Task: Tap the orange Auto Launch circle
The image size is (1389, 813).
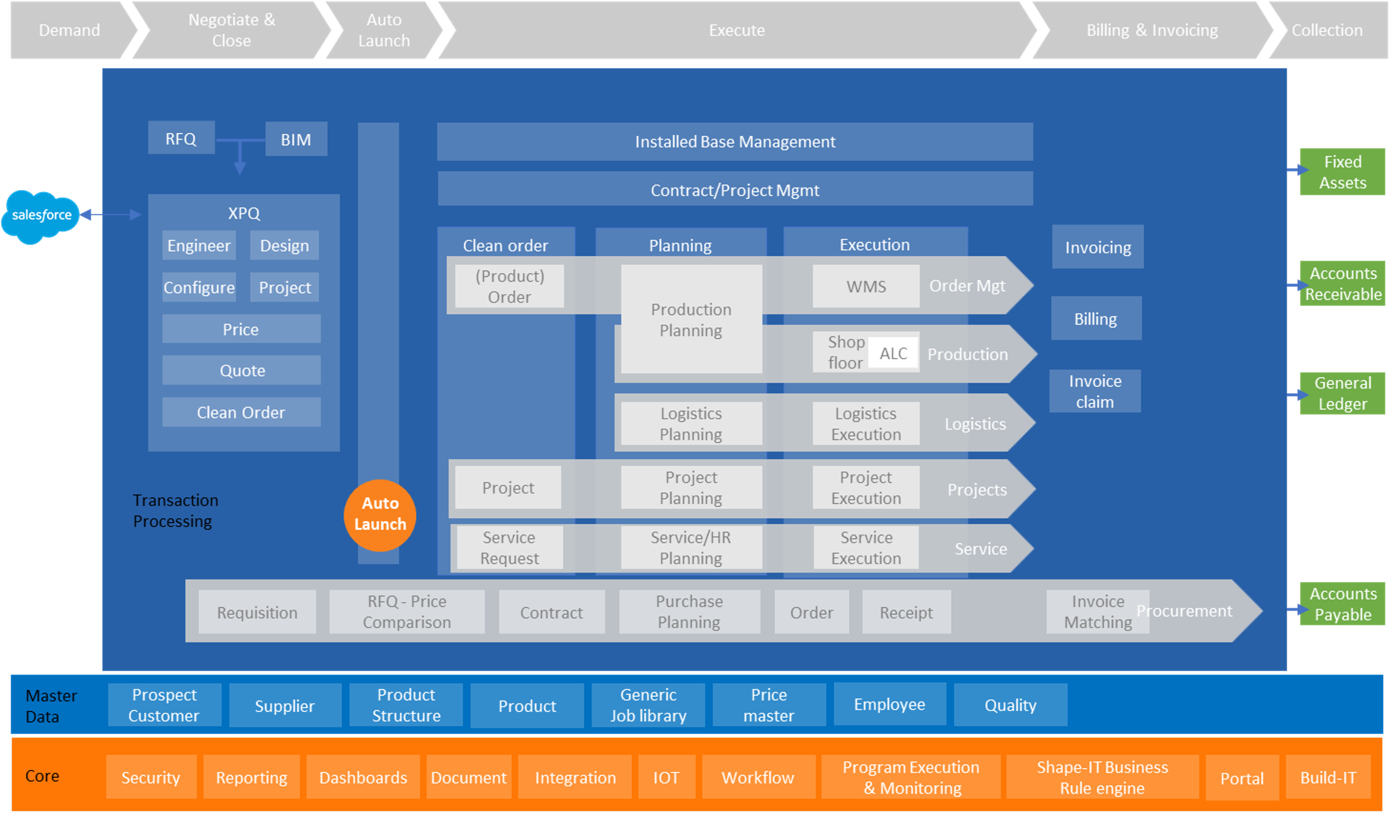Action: pos(380,515)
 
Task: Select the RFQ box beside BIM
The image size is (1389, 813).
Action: pos(181,138)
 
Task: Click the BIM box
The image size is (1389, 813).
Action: pos(296,139)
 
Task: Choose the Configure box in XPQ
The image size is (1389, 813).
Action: pos(199,287)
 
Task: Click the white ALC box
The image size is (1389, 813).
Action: pos(893,353)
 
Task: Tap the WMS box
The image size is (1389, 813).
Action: pos(866,286)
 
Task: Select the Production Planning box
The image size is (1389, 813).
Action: pos(691,319)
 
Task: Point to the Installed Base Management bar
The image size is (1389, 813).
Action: pos(735,141)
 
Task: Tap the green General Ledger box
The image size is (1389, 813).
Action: pos(1342,393)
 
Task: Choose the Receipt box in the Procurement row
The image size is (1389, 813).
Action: pos(906,612)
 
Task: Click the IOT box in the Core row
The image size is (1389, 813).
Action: pos(666,777)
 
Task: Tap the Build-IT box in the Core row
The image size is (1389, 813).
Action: pos(1328,777)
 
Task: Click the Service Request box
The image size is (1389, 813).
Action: pos(509,547)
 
